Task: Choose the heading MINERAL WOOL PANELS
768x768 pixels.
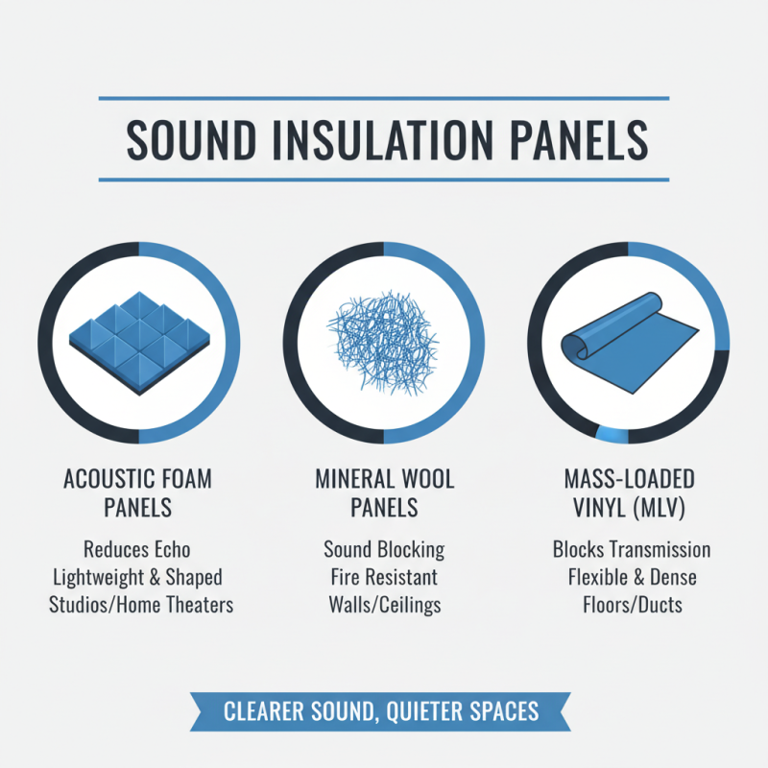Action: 384,491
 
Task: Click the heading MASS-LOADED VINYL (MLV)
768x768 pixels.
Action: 631,491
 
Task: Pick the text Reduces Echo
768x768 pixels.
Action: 137,550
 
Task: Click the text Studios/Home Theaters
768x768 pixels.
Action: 141,606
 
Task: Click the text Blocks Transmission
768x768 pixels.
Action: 632,550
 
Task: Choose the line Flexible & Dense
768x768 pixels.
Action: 632,578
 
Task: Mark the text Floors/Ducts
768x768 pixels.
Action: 632,606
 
